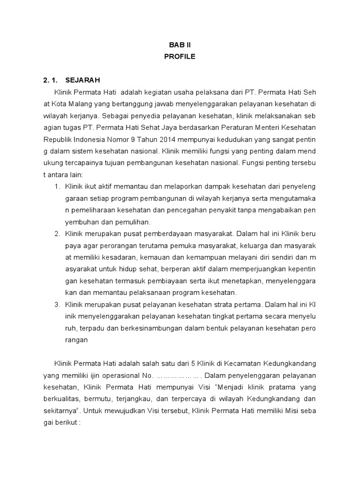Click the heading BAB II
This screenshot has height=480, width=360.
pyautogui.click(x=180, y=45)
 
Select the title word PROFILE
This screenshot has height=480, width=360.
pyautogui.click(x=180, y=57)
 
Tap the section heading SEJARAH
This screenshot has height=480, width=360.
pyautogui.click(x=83, y=80)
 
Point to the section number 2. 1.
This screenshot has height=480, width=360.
pyautogui.click(x=51, y=80)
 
